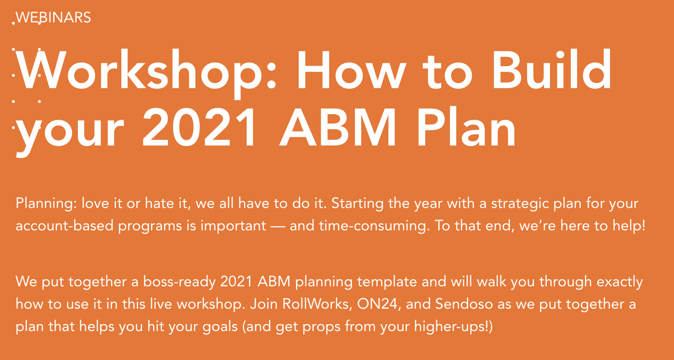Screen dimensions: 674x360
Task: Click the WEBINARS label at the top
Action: [53, 17]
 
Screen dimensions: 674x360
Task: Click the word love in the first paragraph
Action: [96, 203]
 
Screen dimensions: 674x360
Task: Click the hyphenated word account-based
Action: [64, 226]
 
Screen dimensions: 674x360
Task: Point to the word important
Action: [233, 226]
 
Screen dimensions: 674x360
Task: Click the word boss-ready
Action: [179, 282]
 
